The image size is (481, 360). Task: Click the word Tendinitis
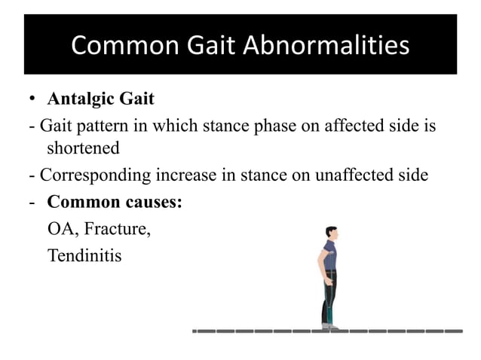[84, 256]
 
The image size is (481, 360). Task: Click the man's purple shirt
[329, 257]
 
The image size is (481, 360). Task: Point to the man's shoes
[329, 326]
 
